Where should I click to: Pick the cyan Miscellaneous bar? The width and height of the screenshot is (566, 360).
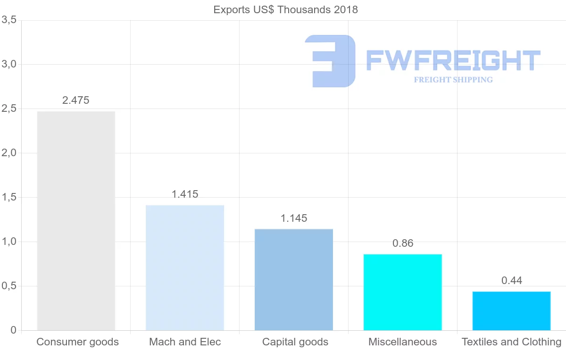click(403, 292)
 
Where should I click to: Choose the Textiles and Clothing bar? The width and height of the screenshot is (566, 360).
click(512, 311)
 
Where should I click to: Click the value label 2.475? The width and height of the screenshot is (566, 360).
click(76, 100)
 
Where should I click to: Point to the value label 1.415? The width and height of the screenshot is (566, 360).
click(185, 194)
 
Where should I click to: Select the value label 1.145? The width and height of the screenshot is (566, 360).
click(294, 218)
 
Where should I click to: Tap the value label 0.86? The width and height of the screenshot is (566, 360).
click(403, 243)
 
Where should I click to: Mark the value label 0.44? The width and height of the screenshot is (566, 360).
click(512, 281)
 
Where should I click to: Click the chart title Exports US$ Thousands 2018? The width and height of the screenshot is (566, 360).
click(285, 10)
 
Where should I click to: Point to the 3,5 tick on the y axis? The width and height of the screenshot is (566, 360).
click(9, 20)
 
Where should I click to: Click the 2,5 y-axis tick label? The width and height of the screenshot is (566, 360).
click(9, 109)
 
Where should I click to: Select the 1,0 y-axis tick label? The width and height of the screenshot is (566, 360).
click(9, 242)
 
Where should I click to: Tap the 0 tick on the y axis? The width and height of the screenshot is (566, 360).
click(14, 330)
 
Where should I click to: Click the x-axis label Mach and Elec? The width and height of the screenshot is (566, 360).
click(185, 342)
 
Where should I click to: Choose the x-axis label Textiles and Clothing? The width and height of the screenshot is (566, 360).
click(512, 342)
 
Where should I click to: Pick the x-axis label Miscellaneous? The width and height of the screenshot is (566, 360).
click(403, 342)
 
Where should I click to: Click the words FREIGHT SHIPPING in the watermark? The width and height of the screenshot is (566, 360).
click(453, 80)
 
